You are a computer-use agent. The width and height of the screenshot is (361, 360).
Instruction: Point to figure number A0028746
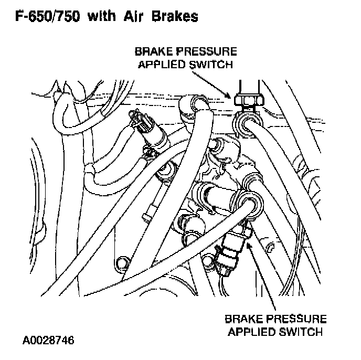[x=48, y=340]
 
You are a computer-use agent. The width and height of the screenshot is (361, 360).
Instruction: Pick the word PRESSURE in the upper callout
[x=207, y=52]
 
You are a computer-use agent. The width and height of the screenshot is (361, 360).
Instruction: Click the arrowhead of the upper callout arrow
[x=229, y=96]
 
